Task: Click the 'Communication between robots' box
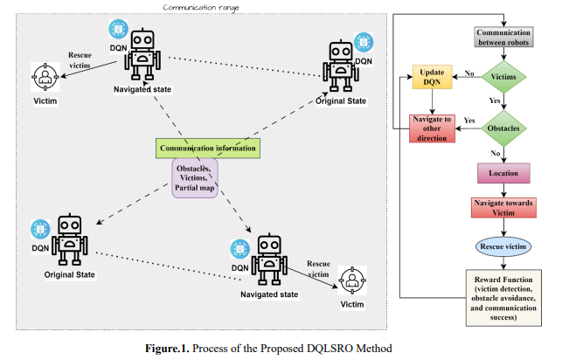coord(504,38)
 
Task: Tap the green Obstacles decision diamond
coord(504,128)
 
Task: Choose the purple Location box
coord(504,174)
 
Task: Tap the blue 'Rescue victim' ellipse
coord(504,247)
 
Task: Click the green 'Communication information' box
coord(208,149)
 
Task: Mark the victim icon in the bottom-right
coord(352,280)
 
